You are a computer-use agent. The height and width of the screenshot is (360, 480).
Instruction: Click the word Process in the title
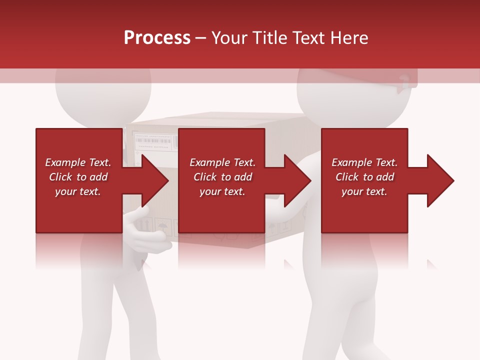[x=157, y=37]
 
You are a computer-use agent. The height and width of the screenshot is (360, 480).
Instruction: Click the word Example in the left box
[x=64, y=162]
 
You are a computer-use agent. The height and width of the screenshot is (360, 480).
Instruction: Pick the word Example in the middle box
[x=209, y=162]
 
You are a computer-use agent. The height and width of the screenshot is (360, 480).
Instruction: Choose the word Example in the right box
[x=351, y=162]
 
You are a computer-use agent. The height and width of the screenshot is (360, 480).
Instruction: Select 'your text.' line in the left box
[x=78, y=191]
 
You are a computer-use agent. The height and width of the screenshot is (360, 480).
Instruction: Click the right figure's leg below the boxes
[x=345, y=310]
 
